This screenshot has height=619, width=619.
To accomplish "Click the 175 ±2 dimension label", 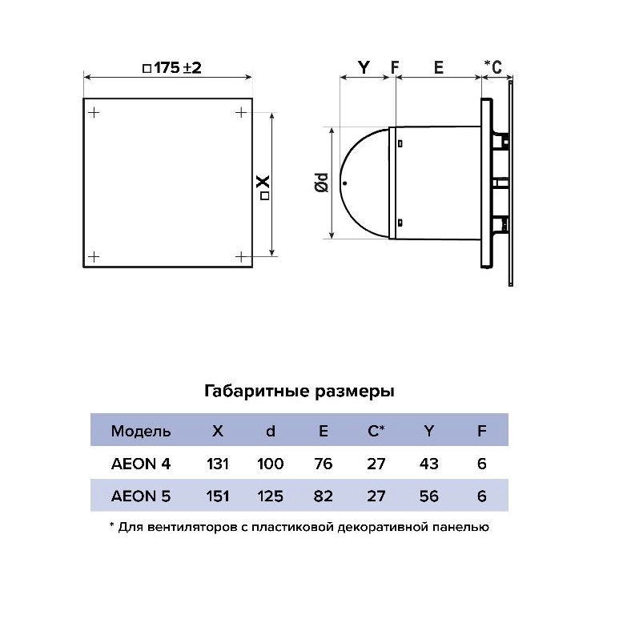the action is pos(171,68).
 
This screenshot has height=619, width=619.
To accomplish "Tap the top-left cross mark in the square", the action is pos(94,113).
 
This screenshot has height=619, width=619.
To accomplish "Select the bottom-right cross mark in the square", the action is pos(241,257).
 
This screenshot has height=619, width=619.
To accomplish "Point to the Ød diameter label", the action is pos(322,183).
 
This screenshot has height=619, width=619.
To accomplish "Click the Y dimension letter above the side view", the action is pos(364,68).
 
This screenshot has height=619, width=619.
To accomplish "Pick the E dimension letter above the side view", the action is pos(439,68).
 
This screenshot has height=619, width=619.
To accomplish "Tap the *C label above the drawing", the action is pos(493,67).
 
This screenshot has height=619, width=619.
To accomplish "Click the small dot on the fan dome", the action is pos(345,183).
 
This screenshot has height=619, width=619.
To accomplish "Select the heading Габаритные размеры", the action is pos(299,392).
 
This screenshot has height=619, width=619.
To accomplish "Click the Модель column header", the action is pos(141,431).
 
